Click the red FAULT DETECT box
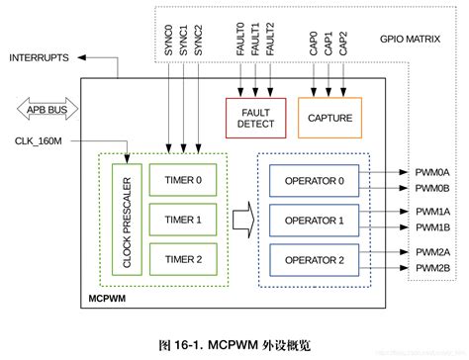tap(255, 118)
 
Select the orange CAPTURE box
tap(329, 118)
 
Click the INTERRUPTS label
tap(40, 58)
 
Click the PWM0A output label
tap(432, 172)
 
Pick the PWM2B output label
tap(432, 268)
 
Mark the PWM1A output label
tap(432, 212)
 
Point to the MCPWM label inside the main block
tap(110, 296)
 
